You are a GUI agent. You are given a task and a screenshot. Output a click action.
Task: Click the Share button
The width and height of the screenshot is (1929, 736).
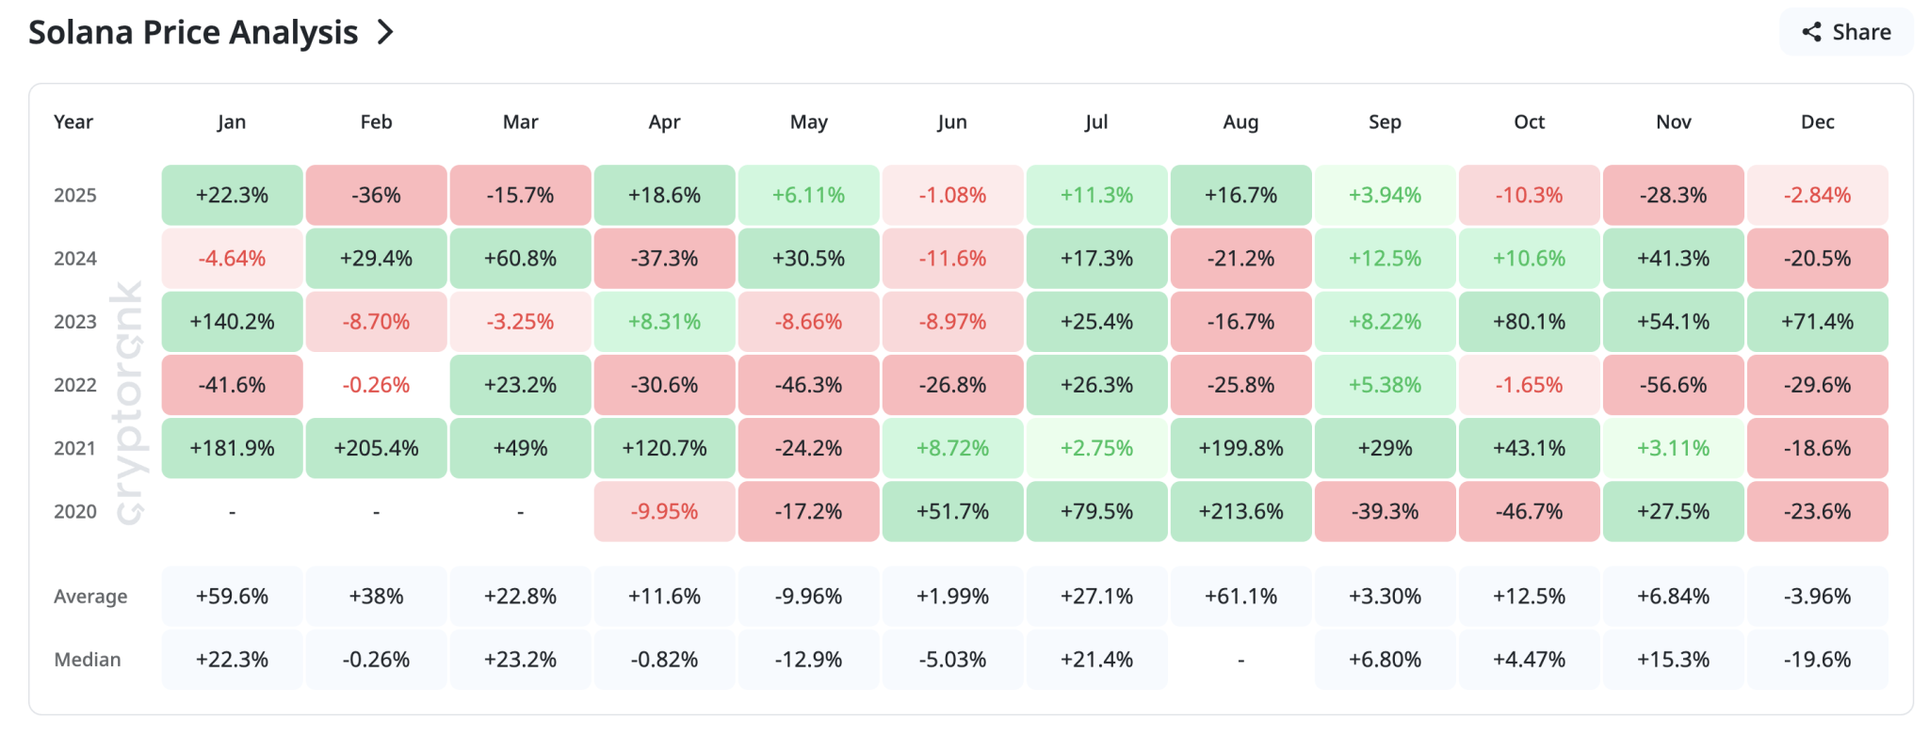pos(1846,32)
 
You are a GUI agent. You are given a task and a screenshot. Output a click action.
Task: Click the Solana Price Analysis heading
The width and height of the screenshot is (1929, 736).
pos(193,33)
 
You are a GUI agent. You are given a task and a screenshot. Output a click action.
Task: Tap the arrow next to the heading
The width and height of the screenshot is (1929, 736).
pos(385,33)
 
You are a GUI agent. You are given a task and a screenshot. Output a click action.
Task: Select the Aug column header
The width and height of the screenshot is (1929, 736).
pos(1240,121)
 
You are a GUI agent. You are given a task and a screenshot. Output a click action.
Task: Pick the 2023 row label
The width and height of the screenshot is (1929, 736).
pos(75,322)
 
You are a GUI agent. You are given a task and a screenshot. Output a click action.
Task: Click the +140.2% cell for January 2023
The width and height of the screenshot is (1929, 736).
pos(232,322)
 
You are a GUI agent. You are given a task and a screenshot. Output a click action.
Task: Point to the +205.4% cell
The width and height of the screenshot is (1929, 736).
pos(376,448)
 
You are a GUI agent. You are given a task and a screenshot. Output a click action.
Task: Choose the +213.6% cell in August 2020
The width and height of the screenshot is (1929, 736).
pos(1240,511)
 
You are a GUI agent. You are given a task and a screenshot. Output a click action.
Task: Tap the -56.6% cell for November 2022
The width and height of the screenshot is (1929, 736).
pos(1673,385)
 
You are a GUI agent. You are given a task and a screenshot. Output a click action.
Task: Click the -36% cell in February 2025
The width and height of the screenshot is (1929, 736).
pos(376,195)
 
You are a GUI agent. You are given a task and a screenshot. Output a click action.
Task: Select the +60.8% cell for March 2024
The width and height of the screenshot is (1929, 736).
pos(520,258)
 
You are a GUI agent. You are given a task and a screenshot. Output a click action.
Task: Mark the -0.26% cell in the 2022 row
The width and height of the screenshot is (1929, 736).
pos(376,385)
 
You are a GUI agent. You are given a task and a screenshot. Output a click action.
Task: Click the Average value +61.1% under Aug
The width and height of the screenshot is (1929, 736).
pos(1240,596)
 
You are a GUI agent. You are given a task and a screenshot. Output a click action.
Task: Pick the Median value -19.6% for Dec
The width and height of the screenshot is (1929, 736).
pos(1817,659)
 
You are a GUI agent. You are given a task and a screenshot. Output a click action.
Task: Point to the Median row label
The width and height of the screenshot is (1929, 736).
pos(88,659)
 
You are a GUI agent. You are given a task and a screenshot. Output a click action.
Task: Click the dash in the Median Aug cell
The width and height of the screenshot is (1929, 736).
pos(1240,660)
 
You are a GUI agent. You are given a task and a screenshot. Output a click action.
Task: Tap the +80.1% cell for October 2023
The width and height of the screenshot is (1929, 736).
pos(1529,322)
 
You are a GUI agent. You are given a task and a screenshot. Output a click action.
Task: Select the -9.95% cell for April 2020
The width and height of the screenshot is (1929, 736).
pos(664,511)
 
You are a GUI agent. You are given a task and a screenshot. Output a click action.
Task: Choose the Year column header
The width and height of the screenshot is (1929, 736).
pos(73,121)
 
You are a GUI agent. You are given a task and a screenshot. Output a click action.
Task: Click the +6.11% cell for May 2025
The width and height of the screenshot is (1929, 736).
pos(808,195)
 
